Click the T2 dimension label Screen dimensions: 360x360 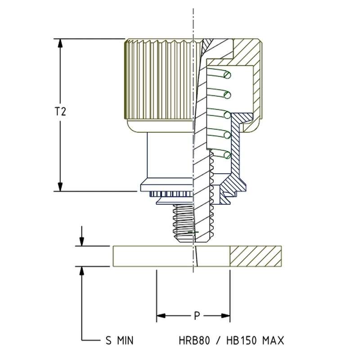pos(61,112)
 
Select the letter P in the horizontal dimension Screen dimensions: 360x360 pos(197,316)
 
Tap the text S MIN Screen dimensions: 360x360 pos(116,340)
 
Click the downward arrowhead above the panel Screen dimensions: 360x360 pos(81,242)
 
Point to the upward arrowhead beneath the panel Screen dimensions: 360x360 pos(81,270)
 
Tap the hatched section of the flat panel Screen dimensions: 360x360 pos(255,256)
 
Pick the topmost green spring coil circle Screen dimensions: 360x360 pos(228,74)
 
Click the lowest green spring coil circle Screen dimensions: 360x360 pos(227,155)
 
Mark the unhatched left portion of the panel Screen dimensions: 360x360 pos(153,256)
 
